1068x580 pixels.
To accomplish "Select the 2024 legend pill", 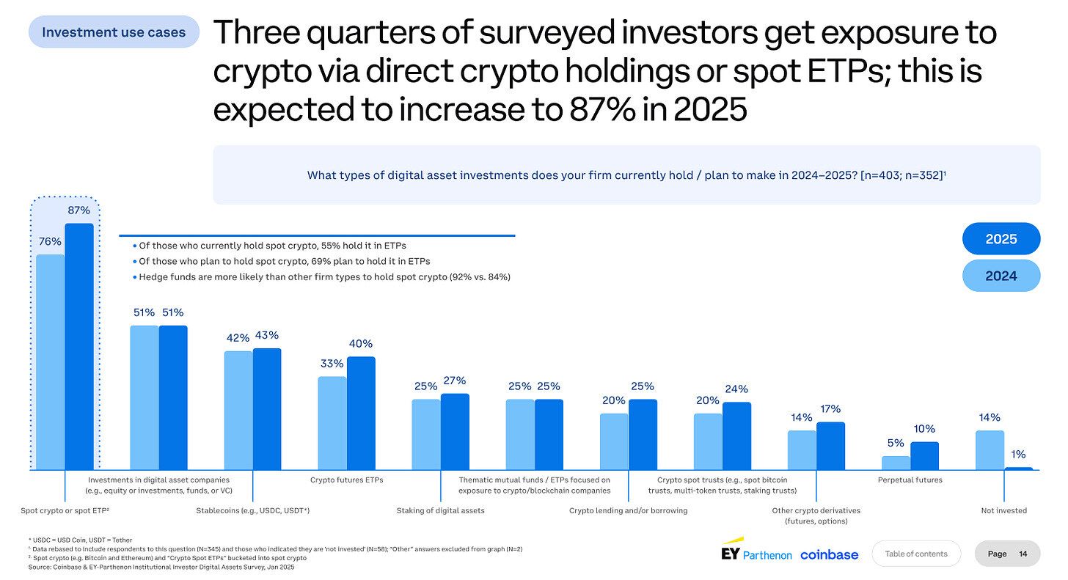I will (x=1001, y=276).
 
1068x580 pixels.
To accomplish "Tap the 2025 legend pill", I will (x=1001, y=239).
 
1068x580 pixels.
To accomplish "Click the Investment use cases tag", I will (x=114, y=32).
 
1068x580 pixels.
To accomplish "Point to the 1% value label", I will (x=1018, y=454).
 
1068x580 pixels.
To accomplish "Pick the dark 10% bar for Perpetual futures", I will (x=924, y=455).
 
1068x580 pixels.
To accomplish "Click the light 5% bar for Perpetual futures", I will (x=896, y=463).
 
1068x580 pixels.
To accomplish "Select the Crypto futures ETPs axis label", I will (x=346, y=480).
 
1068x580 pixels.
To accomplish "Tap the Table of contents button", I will (x=915, y=554).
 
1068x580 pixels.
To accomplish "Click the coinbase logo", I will (x=829, y=554).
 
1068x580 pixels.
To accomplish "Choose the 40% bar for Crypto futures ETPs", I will (x=361, y=413).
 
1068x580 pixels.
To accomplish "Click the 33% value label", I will (x=332, y=364).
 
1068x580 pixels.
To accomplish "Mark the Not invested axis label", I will (x=1003, y=510).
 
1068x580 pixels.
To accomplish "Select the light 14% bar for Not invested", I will (x=990, y=449).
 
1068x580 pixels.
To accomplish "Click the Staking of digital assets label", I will (x=440, y=510).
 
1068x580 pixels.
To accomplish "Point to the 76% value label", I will (x=50, y=242).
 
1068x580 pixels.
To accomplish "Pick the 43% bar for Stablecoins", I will (x=267, y=408).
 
